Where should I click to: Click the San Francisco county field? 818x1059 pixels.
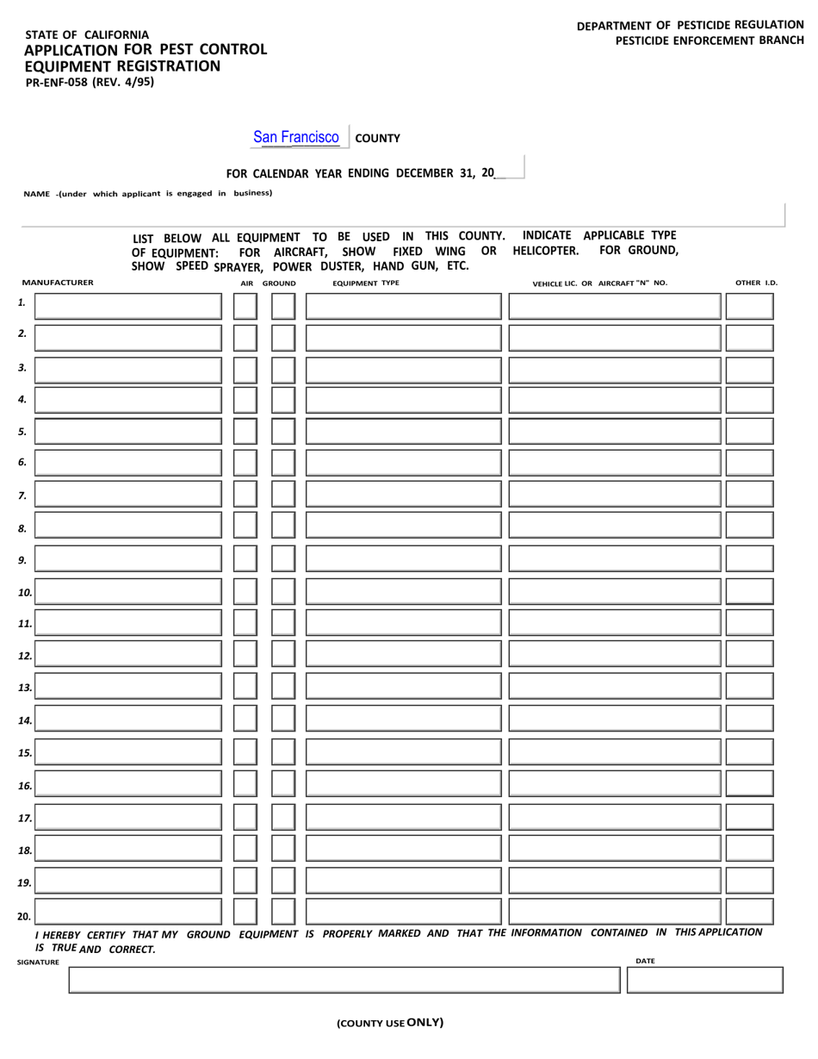(296, 137)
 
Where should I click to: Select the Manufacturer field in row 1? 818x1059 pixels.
(128, 307)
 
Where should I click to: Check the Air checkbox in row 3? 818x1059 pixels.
(245, 371)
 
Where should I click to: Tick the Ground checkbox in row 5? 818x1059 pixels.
(283, 432)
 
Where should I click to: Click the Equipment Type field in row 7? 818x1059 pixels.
(403, 494)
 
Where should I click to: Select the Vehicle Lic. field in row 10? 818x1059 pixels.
(615, 591)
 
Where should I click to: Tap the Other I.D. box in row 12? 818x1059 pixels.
(749, 656)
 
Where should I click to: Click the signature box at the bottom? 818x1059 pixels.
(344, 980)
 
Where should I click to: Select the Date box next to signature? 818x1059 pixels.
(704, 980)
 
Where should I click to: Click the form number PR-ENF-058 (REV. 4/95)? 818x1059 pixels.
(90, 82)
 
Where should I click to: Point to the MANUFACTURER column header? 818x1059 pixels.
(58, 283)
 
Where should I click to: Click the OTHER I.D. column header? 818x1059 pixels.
(756, 283)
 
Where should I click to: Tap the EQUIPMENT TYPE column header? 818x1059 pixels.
(366, 283)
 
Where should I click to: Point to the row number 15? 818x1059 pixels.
(25, 753)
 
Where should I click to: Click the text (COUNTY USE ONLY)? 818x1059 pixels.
(390, 1023)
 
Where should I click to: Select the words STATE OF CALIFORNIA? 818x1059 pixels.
(87, 34)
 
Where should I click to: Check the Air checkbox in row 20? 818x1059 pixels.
(245, 912)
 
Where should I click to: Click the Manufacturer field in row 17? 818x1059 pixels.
(128, 817)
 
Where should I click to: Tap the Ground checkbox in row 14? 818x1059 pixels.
(283, 719)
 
